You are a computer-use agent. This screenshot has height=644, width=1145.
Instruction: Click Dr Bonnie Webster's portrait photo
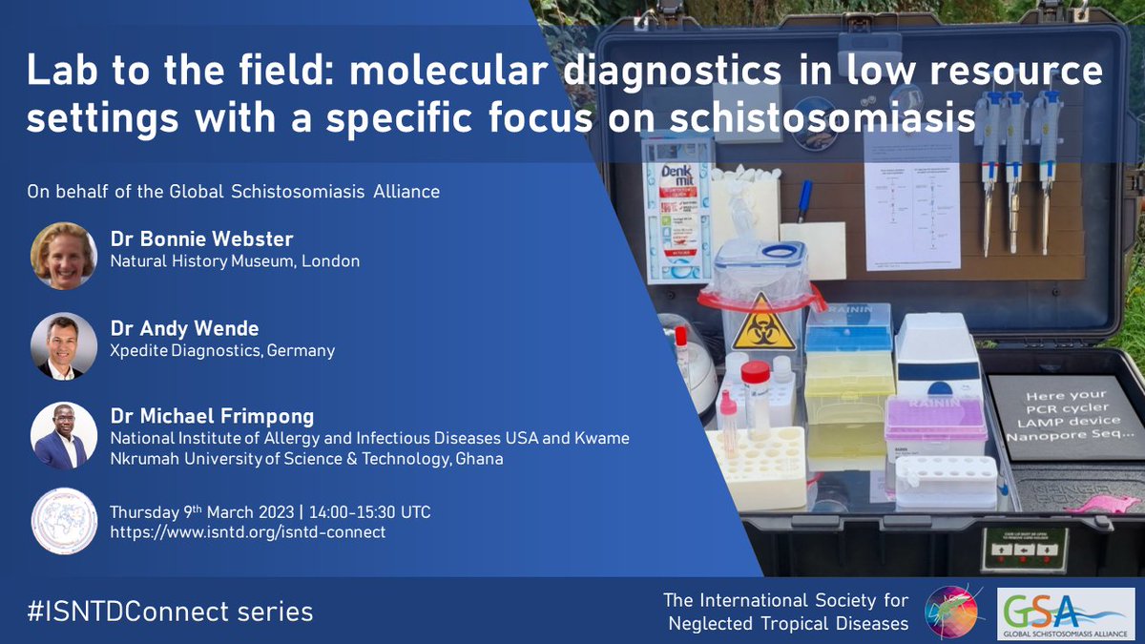point(64,256)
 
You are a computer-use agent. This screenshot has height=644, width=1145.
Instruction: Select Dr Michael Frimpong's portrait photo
point(64,435)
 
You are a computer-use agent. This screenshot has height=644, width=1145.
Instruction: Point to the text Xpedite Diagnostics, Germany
point(223,350)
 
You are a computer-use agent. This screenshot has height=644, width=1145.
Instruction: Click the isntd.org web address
point(248,532)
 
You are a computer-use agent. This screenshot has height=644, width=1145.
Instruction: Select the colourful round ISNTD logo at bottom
point(955,611)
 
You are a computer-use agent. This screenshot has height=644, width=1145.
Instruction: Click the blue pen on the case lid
point(804,200)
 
